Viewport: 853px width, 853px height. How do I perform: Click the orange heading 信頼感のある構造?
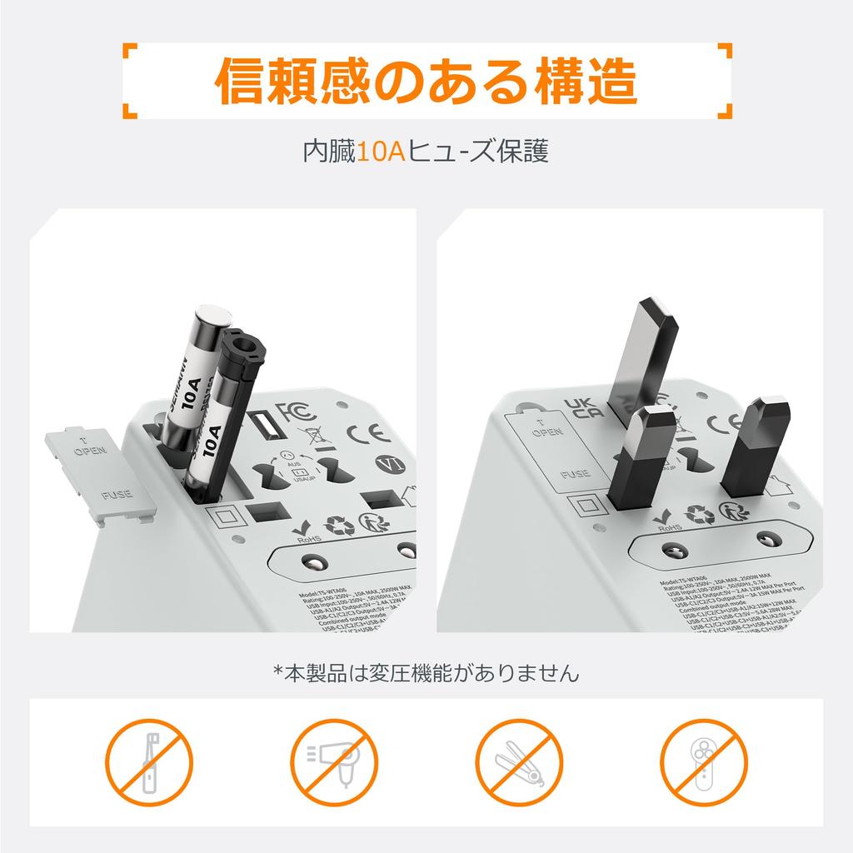(x=426, y=81)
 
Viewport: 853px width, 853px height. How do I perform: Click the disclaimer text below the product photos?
(x=426, y=672)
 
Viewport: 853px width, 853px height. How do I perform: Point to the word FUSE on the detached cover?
(x=116, y=495)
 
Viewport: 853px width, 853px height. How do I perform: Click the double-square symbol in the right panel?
(x=584, y=507)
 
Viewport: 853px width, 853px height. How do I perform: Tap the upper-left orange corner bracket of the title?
(x=130, y=53)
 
